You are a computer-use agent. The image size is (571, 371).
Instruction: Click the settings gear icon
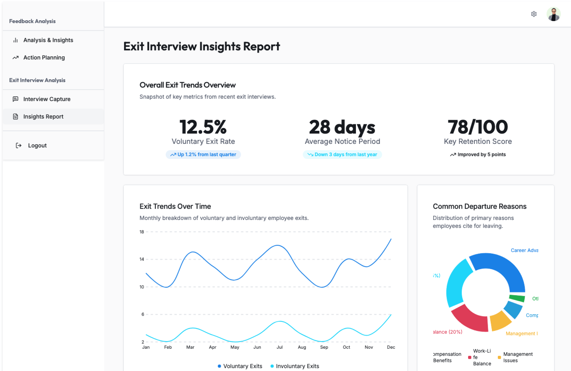[x=534, y=14]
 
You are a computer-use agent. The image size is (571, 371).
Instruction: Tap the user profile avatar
[x=553, y=14]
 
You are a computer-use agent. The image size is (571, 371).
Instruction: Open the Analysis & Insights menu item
[x=48, y=40]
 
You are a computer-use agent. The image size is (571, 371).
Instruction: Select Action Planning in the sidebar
[x=44, y=58]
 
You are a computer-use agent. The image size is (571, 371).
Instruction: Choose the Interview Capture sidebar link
[x=47, y=99]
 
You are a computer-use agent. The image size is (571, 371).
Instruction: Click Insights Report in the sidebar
[x=43, y=117]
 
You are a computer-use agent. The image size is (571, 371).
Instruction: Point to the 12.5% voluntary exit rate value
[x=203, y=127]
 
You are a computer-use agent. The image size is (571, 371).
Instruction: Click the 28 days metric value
[x=342, y=127]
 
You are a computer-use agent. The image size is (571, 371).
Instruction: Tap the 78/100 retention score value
[x=478, y=127]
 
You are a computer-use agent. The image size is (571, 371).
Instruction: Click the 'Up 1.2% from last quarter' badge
[x=203, y=155]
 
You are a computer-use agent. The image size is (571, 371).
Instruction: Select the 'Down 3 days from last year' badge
[x=342, y=155]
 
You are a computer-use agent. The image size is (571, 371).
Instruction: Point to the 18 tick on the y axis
[x=142, y=232]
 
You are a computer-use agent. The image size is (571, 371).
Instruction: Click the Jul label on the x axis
[x=280, y=347]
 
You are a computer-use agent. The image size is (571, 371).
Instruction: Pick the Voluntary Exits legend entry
[x=240, y=366]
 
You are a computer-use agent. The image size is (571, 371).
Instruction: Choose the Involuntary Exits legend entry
[x=295, y=366]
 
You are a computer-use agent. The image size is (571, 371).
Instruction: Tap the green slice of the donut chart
[x=517, y=298]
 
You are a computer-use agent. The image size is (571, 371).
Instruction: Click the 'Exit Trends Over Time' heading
[x=175, y=206]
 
